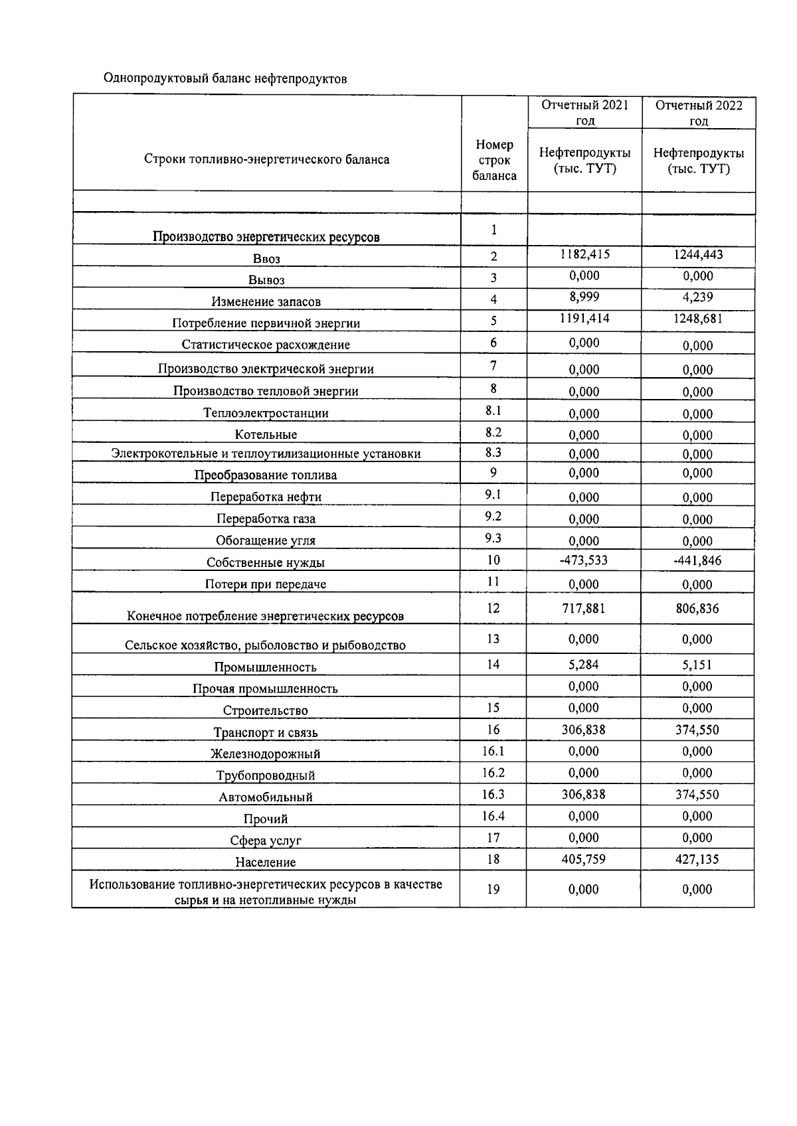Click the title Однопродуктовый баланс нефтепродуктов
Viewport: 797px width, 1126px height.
[x=225, y=79]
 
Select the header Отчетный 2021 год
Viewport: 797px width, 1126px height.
[x=584, y=112]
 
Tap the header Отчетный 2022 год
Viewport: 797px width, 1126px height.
[x=698, y=112]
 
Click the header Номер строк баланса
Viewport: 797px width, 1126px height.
[x=494, y=160]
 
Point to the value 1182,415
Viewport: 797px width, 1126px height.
[x=584, y=255]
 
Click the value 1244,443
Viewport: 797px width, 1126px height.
[x=698, y=255]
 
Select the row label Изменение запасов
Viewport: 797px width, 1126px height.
[x=266, y=302]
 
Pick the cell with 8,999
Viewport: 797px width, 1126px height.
[x=584, y=297]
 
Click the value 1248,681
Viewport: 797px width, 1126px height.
[x=698, y=319]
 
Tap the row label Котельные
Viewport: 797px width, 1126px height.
[x=266, y=435]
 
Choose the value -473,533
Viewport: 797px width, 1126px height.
[x=584, y=560]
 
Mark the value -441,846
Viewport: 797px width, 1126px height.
[x=697, y=560]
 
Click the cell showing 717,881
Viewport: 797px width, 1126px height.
[x=584, y=608]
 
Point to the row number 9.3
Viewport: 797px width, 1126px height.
[x=493, y=538]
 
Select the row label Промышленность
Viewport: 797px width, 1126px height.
[x=266, y=667]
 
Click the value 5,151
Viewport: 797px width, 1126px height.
[x=697, y=665]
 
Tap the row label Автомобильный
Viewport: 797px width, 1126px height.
[x=266, y=797]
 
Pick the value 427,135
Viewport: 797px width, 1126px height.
[x=697, y=859]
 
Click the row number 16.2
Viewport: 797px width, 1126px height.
[x=493, y=773]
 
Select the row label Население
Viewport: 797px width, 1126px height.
[x=266, y=862]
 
